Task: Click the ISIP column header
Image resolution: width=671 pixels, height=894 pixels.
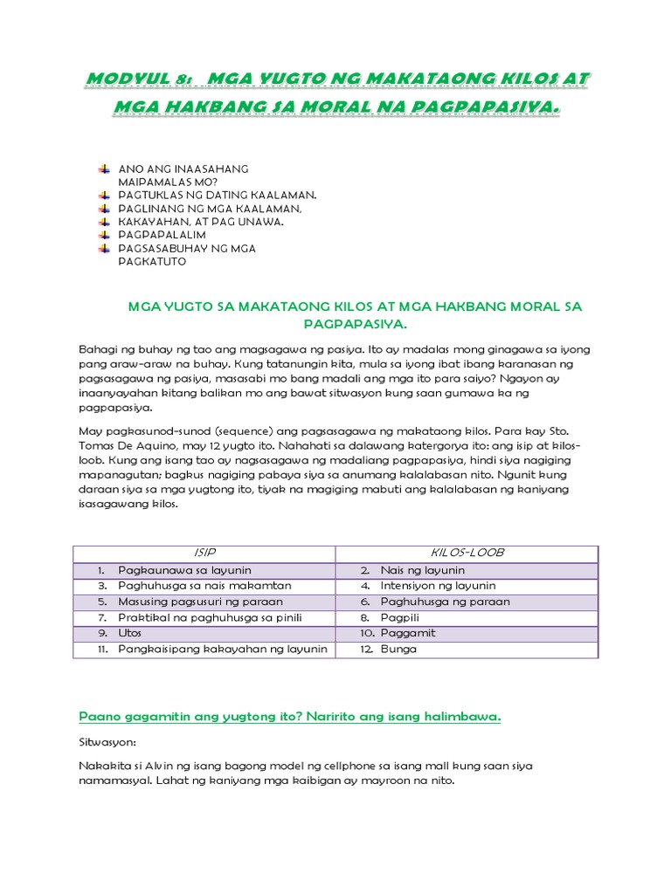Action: [204, 554]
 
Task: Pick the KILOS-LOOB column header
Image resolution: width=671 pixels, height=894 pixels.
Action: [467, 554]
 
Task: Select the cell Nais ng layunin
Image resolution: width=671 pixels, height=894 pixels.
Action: [422, 570]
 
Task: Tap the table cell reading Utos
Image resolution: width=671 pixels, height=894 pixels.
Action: [130, 633]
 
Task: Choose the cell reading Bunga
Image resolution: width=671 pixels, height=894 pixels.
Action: [398, 649]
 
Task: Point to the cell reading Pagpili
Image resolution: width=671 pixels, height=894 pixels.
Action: [400, 617]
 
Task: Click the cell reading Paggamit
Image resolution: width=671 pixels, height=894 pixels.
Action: [407, 633]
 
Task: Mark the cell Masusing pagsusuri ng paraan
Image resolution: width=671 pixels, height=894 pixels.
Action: [201, 602]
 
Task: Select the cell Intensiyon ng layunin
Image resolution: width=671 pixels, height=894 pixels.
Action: [438, 586]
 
